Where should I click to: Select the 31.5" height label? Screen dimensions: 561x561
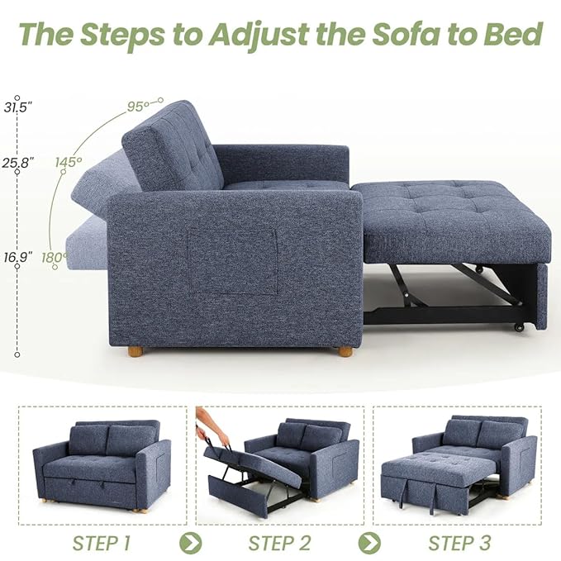tap(17, 107)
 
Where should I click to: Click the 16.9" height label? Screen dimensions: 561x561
tap(17, 257)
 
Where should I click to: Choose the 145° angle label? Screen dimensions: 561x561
tap(69, 162)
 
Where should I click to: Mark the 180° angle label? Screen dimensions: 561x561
tap(55, 258)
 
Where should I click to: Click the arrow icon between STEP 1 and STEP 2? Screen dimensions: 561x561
tap(191, 544)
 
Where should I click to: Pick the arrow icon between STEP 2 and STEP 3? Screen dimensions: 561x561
tap(370, 544)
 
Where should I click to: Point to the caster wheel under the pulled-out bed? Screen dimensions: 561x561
tap(519, 327)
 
